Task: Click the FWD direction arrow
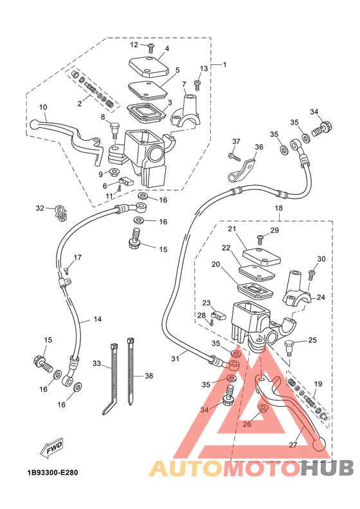coord(51,448)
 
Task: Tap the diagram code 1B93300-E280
coord(53,472)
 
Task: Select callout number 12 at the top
coord(134,44)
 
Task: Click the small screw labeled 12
coord(151,48)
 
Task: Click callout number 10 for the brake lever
coord(43,107)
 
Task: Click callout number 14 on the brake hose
coord(98,319)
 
